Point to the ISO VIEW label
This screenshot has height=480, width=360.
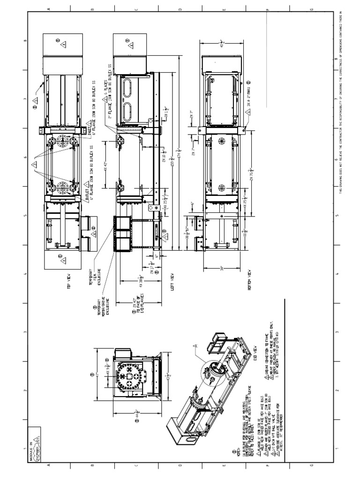255,348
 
